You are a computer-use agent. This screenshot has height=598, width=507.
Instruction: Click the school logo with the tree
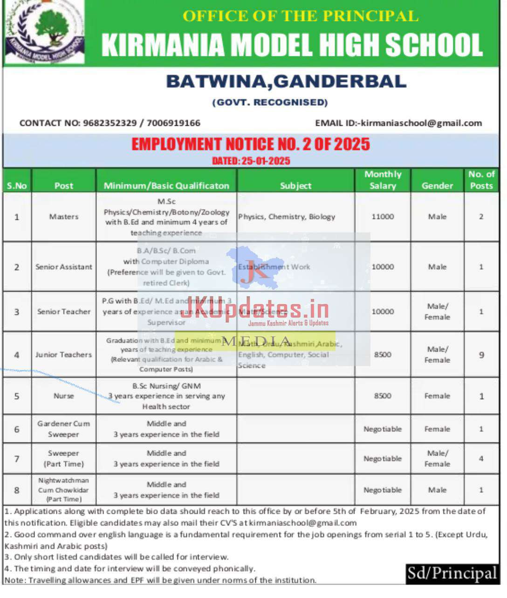click(x=45, y=32)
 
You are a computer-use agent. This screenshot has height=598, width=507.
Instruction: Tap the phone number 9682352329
click(x=110, y=123)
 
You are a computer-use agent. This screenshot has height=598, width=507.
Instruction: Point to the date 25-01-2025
click(x=265, y=161)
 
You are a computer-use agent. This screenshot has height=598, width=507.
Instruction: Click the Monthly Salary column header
click(x=383, y=180)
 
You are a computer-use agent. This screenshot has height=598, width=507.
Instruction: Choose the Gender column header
click(x=437, y=185)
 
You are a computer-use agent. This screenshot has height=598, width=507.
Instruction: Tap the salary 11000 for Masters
click(x=383, y=217)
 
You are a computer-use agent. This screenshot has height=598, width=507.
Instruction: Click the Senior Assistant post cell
click(x=64, y=267)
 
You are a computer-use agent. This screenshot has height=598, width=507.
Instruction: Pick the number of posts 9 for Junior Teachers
click(x=481, y=355)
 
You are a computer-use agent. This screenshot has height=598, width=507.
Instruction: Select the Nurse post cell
click(x=64, y=396)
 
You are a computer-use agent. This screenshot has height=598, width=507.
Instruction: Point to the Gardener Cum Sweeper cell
click(x=64, y=429)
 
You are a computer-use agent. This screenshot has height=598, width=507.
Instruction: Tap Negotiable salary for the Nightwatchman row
click(x=383, y=490)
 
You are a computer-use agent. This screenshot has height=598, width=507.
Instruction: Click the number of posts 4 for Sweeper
click(x=481, y=459)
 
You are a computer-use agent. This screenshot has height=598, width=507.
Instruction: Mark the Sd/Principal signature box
click(x=452, y=573)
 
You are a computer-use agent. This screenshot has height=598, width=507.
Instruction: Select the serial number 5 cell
click(x=17, y=396)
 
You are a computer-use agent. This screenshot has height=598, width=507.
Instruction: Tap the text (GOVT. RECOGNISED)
click(x=270, y=102)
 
